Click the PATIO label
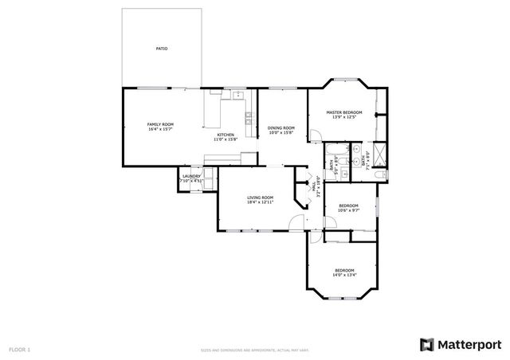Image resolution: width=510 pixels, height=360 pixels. (x=161, y=49)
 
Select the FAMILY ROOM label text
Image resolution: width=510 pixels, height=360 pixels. (x=160, y=124)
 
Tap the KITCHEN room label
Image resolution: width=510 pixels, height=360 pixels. (x=226, y=135)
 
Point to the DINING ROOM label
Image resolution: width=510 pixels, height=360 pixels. (x=280, y=128)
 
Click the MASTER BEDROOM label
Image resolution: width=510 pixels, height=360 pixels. (x=344, y=112)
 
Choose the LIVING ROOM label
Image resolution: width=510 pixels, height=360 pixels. (x=260, y=198)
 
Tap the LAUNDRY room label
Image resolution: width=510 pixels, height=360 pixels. (x=191, y=176)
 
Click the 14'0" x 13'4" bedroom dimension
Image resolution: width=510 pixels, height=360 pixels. (x=344, y=275)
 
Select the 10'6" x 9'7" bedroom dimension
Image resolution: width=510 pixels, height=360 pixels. (x=348, y=211)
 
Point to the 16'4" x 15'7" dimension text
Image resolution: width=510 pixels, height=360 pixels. (x=160, y=129)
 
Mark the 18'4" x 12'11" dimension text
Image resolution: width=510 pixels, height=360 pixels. (x=260, y=202)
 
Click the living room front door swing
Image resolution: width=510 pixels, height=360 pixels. (x=296, y=222)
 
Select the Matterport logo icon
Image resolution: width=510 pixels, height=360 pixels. (x=427, y=344)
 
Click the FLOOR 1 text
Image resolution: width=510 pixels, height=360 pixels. (x=20, y=349)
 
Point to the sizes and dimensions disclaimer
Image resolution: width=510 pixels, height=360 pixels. (x=255, y=349)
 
